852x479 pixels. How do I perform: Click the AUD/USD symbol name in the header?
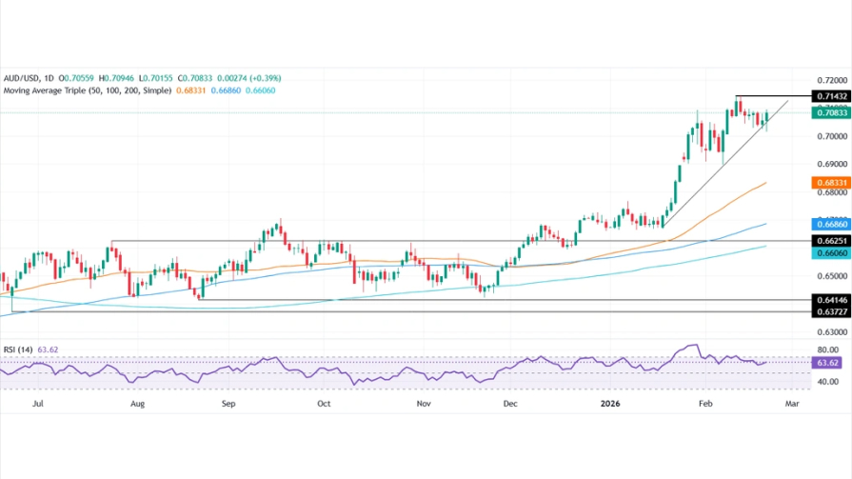[21, 78]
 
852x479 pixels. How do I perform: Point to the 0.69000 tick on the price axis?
[826, 165]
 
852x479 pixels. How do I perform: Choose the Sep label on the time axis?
[228, 404]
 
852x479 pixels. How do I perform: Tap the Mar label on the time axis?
[791, 404]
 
